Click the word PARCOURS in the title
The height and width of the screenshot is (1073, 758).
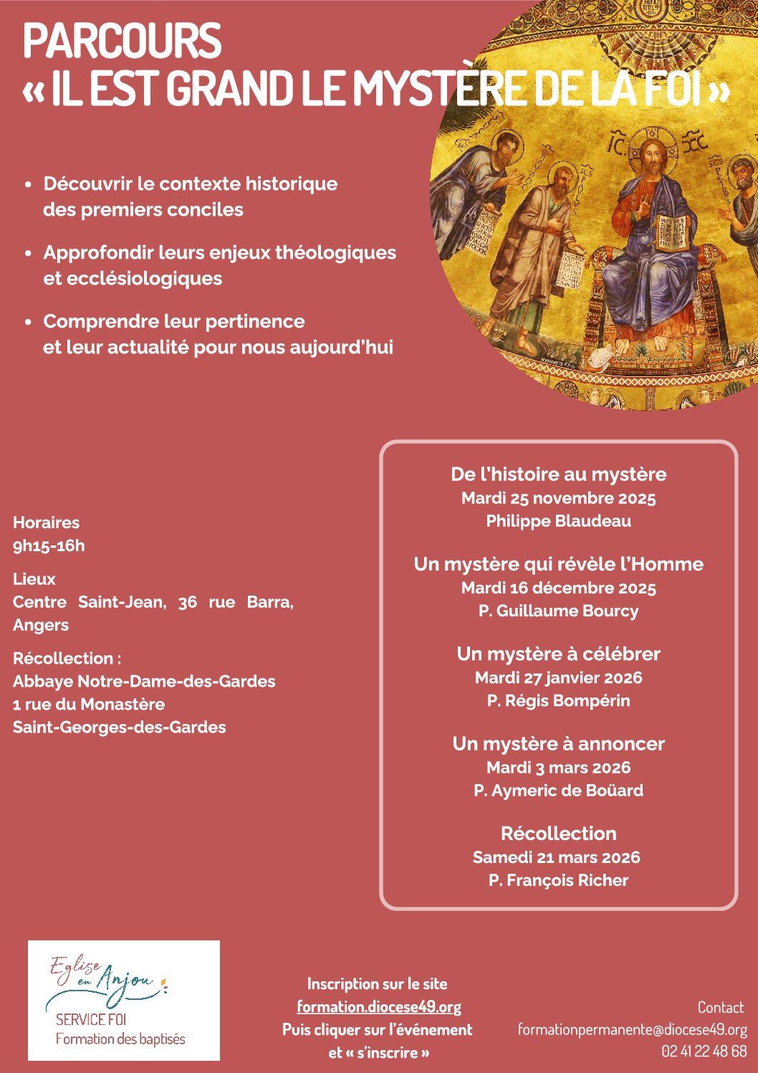click(122, 41)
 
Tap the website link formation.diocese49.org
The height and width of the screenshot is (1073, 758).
click(379, 1007)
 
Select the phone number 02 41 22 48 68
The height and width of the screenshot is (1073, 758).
click(704, 1051)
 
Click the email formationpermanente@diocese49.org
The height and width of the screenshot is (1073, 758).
click(632, 1030)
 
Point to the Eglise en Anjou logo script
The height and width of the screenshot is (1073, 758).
click(107, 978)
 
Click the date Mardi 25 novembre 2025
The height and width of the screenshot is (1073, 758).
click(558, 498)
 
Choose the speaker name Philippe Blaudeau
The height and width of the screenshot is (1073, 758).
click(558, 521)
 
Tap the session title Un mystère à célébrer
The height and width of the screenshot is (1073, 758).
click(558, 654)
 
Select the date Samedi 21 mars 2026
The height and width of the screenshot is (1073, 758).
click(556, 857)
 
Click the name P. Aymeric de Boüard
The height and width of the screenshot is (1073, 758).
click(558, 791)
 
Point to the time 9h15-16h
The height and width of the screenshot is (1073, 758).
click(49, 545)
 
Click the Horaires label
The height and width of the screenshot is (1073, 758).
click(46, 523)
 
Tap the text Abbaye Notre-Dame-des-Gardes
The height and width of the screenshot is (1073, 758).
click(144, 681)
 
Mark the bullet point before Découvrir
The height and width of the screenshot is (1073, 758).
click(28, 184)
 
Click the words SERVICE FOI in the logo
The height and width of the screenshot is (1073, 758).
click(90, 1019)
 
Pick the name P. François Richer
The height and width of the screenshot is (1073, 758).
click(558, 880)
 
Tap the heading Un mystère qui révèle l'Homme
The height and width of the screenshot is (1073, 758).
click(558, 564)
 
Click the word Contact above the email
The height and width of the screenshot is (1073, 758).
click(720, 1007)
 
